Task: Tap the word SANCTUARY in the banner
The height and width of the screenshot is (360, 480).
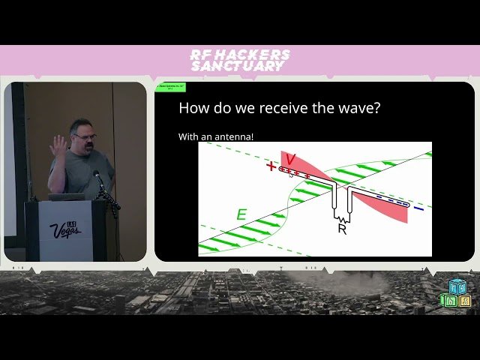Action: (x=238, y=66)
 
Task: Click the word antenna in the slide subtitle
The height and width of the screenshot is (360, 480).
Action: (x=234, y=137)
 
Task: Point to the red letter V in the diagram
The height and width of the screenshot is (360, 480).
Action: (x=290, y=159)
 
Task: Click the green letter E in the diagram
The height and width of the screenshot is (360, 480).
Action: (x=241, y=215)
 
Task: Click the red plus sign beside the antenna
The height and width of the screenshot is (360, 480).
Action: (x=271, y=166)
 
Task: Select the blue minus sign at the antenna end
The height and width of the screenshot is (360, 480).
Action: (x=418, y=208)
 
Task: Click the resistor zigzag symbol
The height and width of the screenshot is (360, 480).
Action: (x=342, y=212)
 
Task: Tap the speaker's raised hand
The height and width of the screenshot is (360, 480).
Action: (x=58, y=145)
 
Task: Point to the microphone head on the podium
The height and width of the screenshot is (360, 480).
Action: (x=96, y=175)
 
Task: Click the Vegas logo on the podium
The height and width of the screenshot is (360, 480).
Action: (x=64, y=229)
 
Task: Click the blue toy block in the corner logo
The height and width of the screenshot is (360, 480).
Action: (x=456, y=287)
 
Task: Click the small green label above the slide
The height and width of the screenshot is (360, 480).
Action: (x=171, y=87)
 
